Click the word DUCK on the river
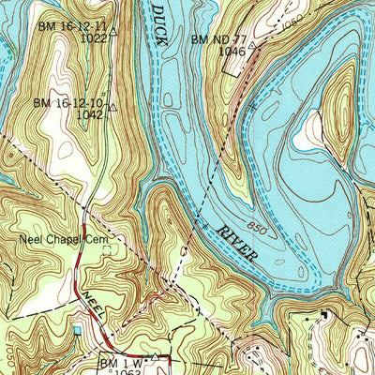(160, 22)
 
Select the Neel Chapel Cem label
(58, 240)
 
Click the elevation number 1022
(93, 39)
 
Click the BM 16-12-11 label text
(72, 28)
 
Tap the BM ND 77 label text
(218, 39)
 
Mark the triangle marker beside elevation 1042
(111, 107)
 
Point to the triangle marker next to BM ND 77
(252, 43)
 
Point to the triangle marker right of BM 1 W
(155, 356)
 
